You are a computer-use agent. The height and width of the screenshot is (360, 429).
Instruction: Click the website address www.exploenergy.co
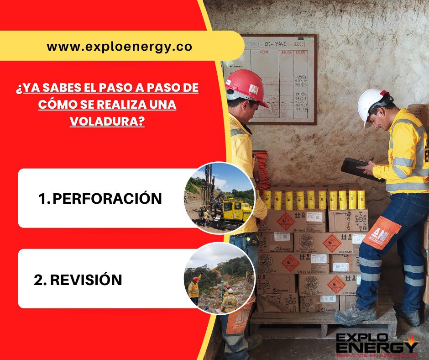tap(120, 46)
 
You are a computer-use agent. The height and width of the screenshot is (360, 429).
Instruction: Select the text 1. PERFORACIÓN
tap(100, 199)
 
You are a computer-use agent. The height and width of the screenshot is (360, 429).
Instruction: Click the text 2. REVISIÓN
tap(78, 280)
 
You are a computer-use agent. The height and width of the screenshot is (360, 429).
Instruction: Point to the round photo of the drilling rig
tap(219, 198)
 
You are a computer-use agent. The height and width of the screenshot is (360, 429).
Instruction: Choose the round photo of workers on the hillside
tap(219, 278)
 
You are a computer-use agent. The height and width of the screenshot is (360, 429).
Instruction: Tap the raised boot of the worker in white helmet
tap(356, 314)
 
